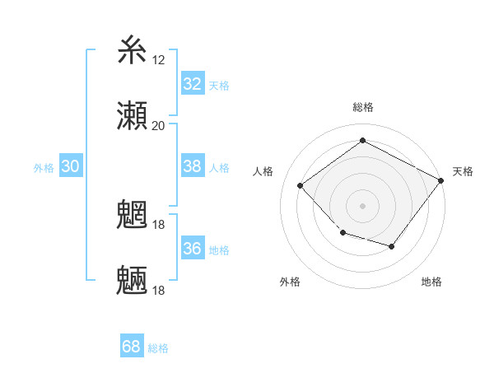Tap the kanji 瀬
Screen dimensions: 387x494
(133, 115)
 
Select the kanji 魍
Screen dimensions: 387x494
(133, 216)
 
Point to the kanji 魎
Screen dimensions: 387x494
(133, 281)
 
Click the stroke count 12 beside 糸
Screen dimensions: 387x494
(158, 59)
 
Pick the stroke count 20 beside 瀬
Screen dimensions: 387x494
(158, 125)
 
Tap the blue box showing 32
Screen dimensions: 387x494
(192, 83)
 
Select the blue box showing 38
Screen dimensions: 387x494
(192, 166)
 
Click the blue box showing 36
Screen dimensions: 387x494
(192, 248)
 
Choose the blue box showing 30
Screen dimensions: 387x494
(70, 166)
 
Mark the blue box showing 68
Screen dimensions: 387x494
(131, 347)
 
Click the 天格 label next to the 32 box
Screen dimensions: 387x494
(219, 85)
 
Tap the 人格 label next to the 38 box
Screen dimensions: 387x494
(219, 167)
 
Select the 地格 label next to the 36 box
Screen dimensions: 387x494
(219, 249)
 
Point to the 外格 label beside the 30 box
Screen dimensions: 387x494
(44, 167)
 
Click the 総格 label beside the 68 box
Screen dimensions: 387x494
(158, 348)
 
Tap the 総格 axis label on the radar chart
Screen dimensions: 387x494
(362, 107)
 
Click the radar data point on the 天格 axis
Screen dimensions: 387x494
(441, 180)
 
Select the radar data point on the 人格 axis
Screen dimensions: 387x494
(301, 185)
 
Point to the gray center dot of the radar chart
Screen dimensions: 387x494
(362, 205)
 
